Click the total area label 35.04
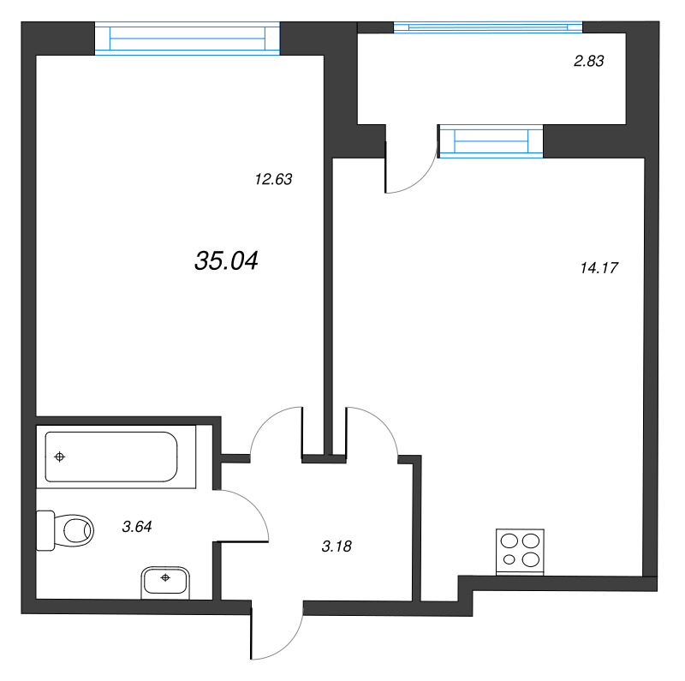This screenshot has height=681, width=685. [x=227, y=261]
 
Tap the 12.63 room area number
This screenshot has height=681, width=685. [x=274, y=180]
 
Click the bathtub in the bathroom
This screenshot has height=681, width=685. [x=111, y=457]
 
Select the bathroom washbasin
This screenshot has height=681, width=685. [x=165, y=580]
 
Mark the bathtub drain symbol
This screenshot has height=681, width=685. [x=59, y=457]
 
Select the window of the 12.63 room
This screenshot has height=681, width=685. [x=188, y=39]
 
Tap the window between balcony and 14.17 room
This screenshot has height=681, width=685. [x=491, y=141]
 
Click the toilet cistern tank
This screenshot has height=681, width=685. [x=45, y=529]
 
